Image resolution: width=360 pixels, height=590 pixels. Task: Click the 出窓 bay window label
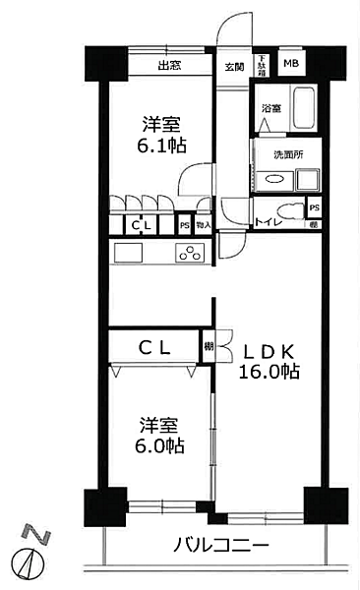[168, 66]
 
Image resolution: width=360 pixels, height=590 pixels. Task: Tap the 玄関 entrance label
[234, 66]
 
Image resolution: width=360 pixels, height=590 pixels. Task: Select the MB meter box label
[291, 65]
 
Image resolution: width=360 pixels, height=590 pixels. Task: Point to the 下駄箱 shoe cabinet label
[262, 65]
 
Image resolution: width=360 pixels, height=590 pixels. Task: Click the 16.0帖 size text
[269, 372]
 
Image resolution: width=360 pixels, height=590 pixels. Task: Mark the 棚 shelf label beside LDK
[209, 346]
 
